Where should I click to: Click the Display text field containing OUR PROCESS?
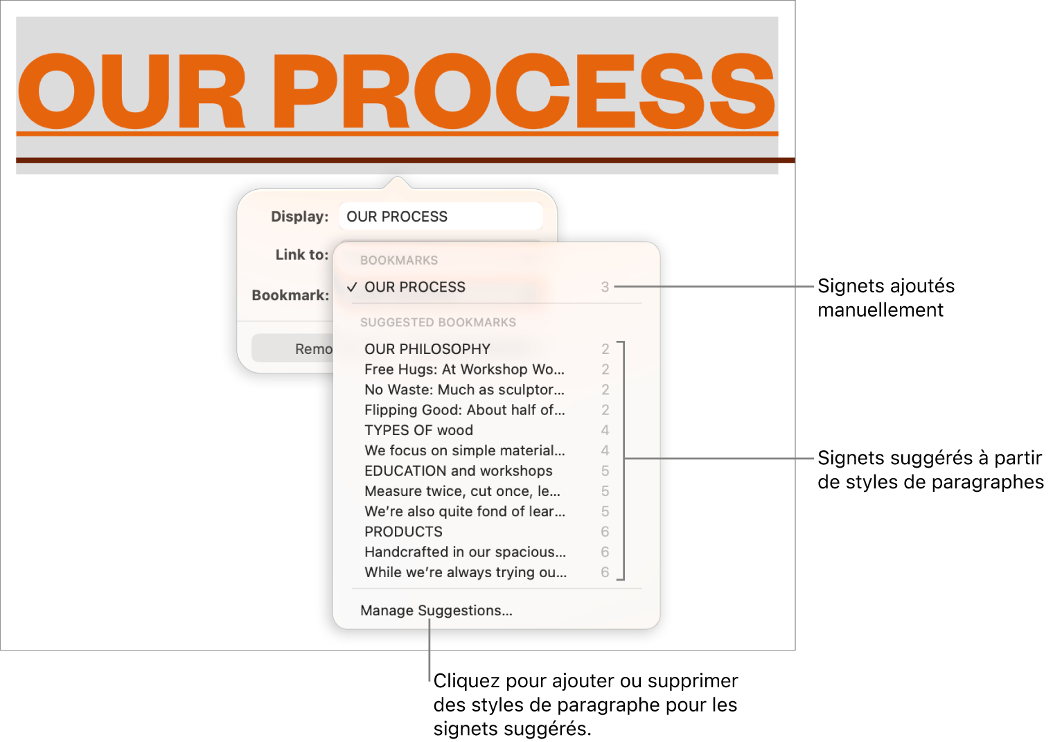point(441,217)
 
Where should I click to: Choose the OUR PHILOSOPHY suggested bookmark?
point(427,349)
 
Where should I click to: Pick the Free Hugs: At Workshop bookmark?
point(464,369)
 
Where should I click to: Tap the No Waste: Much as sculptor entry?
point(464,390)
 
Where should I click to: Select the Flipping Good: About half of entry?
point(465,410)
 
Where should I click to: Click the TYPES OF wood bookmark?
point(418,430)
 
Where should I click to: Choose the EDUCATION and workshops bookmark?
point(459,471)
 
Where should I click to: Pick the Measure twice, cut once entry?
point(462,491)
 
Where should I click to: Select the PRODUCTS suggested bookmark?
point(403,531)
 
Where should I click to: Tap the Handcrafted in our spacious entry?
point(465,552)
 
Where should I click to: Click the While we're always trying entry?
point(466,572)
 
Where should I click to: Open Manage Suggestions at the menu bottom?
point(436,610)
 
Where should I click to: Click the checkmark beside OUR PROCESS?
point(351,287)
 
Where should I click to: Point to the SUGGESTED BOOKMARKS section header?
point(438,322)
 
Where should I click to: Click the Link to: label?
point(302,254)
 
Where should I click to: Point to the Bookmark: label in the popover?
point(290,295)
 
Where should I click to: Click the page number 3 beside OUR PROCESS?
point(605,287)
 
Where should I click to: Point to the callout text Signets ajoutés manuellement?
point(886,298)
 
